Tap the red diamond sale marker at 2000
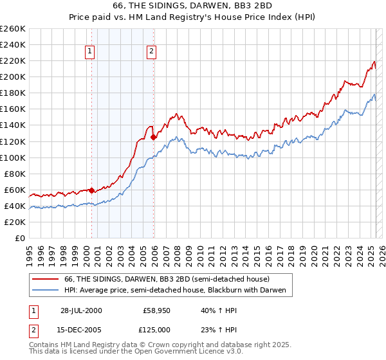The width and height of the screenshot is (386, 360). (x=91, y=190)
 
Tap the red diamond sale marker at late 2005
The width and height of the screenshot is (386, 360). (x=154, y=137)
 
